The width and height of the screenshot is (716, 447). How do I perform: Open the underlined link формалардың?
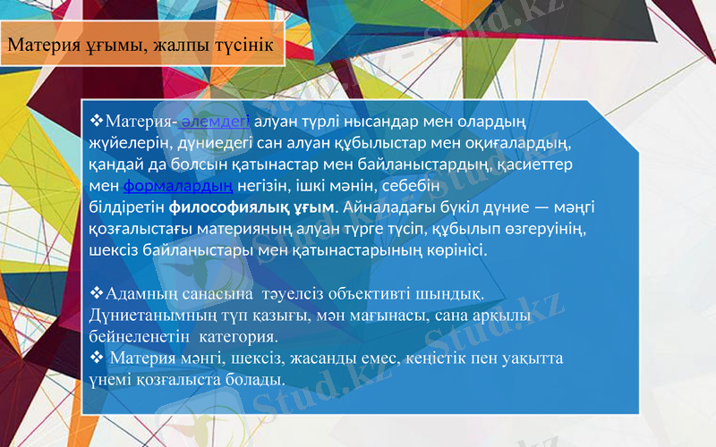click(x=178, y=185)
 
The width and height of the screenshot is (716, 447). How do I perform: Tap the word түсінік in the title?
click(x=237, y=45)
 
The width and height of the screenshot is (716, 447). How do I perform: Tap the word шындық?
click(x=457, y=293)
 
